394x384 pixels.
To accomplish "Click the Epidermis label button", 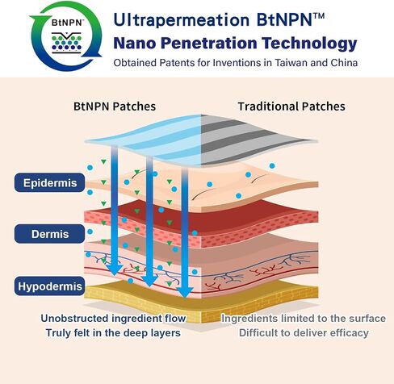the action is click(x=49, y=182).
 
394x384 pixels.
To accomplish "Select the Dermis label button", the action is click(x=49, y=234).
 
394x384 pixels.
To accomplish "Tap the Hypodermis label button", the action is click(x=49, y=286).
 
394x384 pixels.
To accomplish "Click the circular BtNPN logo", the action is click(x=66, y=35).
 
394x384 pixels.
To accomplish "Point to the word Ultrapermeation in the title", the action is click(x=182, y=20).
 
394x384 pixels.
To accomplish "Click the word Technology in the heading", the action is click(x=309, y=44).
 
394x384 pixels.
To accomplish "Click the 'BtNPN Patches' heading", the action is click(x=115, y=106).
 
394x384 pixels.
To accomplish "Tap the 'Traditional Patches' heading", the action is click(x=291, y=106).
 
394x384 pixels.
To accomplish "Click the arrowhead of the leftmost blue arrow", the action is click(x=115, y=269).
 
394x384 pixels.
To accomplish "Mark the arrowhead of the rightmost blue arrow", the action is click(x=185, y=292).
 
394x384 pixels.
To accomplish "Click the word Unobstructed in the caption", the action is click(x=75, y=319).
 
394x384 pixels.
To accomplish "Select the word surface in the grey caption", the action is click(x=367, y=319).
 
